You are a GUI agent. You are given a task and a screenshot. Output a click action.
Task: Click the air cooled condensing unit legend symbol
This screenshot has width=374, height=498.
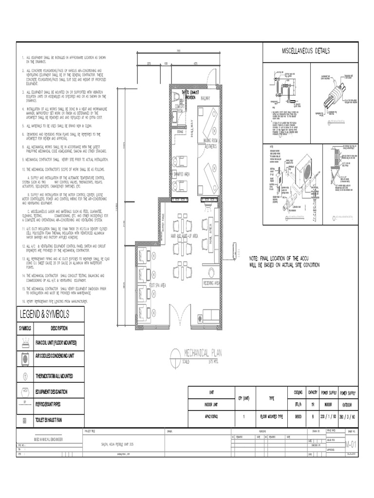coord(25,359)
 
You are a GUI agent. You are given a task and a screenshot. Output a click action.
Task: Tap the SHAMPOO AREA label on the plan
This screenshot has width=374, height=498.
coord(180,173)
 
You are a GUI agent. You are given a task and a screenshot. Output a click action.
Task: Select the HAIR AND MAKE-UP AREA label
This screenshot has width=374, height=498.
coord(183,236)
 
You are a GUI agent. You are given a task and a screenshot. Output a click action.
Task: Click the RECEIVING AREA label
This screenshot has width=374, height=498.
coord(211,283)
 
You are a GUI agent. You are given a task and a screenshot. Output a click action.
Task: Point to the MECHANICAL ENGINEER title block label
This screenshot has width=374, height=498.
coord(48,438)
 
